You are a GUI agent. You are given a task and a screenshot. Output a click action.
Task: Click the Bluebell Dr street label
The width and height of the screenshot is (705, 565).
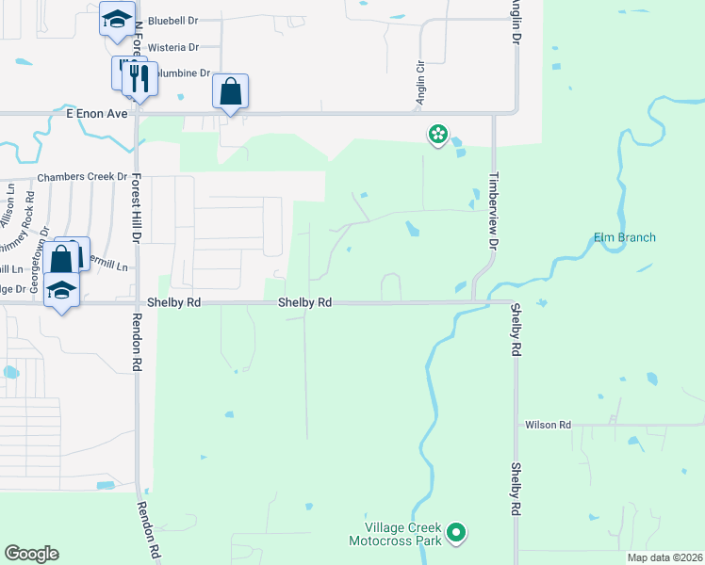click(174, 20)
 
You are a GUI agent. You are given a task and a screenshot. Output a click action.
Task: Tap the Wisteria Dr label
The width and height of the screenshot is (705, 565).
click(174, 47)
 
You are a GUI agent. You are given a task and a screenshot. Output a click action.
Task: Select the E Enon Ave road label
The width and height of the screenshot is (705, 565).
click(96, 112)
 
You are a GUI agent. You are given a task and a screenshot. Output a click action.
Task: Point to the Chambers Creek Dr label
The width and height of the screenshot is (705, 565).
click(82, 177)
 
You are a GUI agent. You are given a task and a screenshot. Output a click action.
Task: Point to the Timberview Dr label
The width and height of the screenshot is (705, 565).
click(492, 209)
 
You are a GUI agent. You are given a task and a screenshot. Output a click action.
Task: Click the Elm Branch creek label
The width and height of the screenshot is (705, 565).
click(625, 237)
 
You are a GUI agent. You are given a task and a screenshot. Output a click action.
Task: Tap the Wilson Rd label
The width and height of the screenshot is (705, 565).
click(549, 426)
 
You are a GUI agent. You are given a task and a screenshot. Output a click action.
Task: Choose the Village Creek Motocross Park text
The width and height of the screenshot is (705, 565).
click(395, 535)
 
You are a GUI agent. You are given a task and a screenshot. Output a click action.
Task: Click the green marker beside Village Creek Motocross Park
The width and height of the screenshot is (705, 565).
click(457, 534)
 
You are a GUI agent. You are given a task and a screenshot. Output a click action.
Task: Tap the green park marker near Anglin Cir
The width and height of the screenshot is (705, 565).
click(438, 135)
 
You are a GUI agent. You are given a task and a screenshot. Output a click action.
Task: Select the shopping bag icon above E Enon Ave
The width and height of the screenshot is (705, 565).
click(230, 92)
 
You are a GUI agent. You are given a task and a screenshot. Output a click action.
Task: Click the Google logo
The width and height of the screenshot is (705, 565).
click(31, 554)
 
